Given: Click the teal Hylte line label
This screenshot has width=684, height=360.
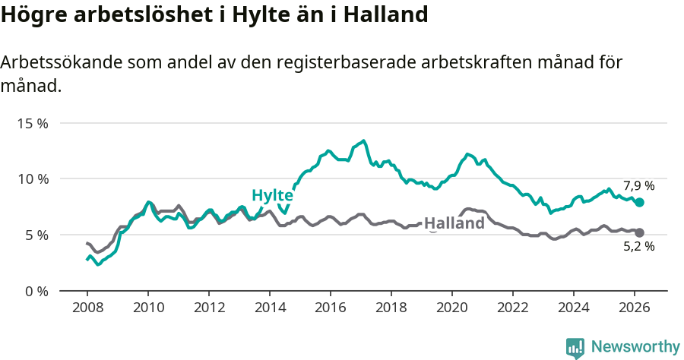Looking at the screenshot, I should [272, 195].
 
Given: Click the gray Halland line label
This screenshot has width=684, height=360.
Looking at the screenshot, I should [454, 223].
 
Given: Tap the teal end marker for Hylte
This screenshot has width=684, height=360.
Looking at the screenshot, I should [640, 203].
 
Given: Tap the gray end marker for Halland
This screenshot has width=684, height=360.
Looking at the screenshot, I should [640, 233].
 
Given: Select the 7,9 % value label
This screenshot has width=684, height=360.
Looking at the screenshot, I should [639, 185].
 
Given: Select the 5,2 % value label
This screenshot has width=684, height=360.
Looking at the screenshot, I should [639, 246].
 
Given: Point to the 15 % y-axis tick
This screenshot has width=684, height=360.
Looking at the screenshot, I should [33, 123].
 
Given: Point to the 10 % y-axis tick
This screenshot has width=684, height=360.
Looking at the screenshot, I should [33, 179].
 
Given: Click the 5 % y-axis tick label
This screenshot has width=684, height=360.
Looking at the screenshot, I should [36, 235].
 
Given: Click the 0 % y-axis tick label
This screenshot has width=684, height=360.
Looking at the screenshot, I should [36, 292].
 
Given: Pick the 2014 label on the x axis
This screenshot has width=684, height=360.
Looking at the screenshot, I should [269, 308].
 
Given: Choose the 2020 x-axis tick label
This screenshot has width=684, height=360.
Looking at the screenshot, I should [451, 308].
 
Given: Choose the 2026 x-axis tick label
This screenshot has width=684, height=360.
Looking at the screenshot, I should [634, 308].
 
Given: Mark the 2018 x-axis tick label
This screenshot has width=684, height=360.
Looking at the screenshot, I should [391, 308].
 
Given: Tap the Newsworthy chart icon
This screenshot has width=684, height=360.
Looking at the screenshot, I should [575, 348].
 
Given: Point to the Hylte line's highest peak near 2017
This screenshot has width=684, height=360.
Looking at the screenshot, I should [364, 141].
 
